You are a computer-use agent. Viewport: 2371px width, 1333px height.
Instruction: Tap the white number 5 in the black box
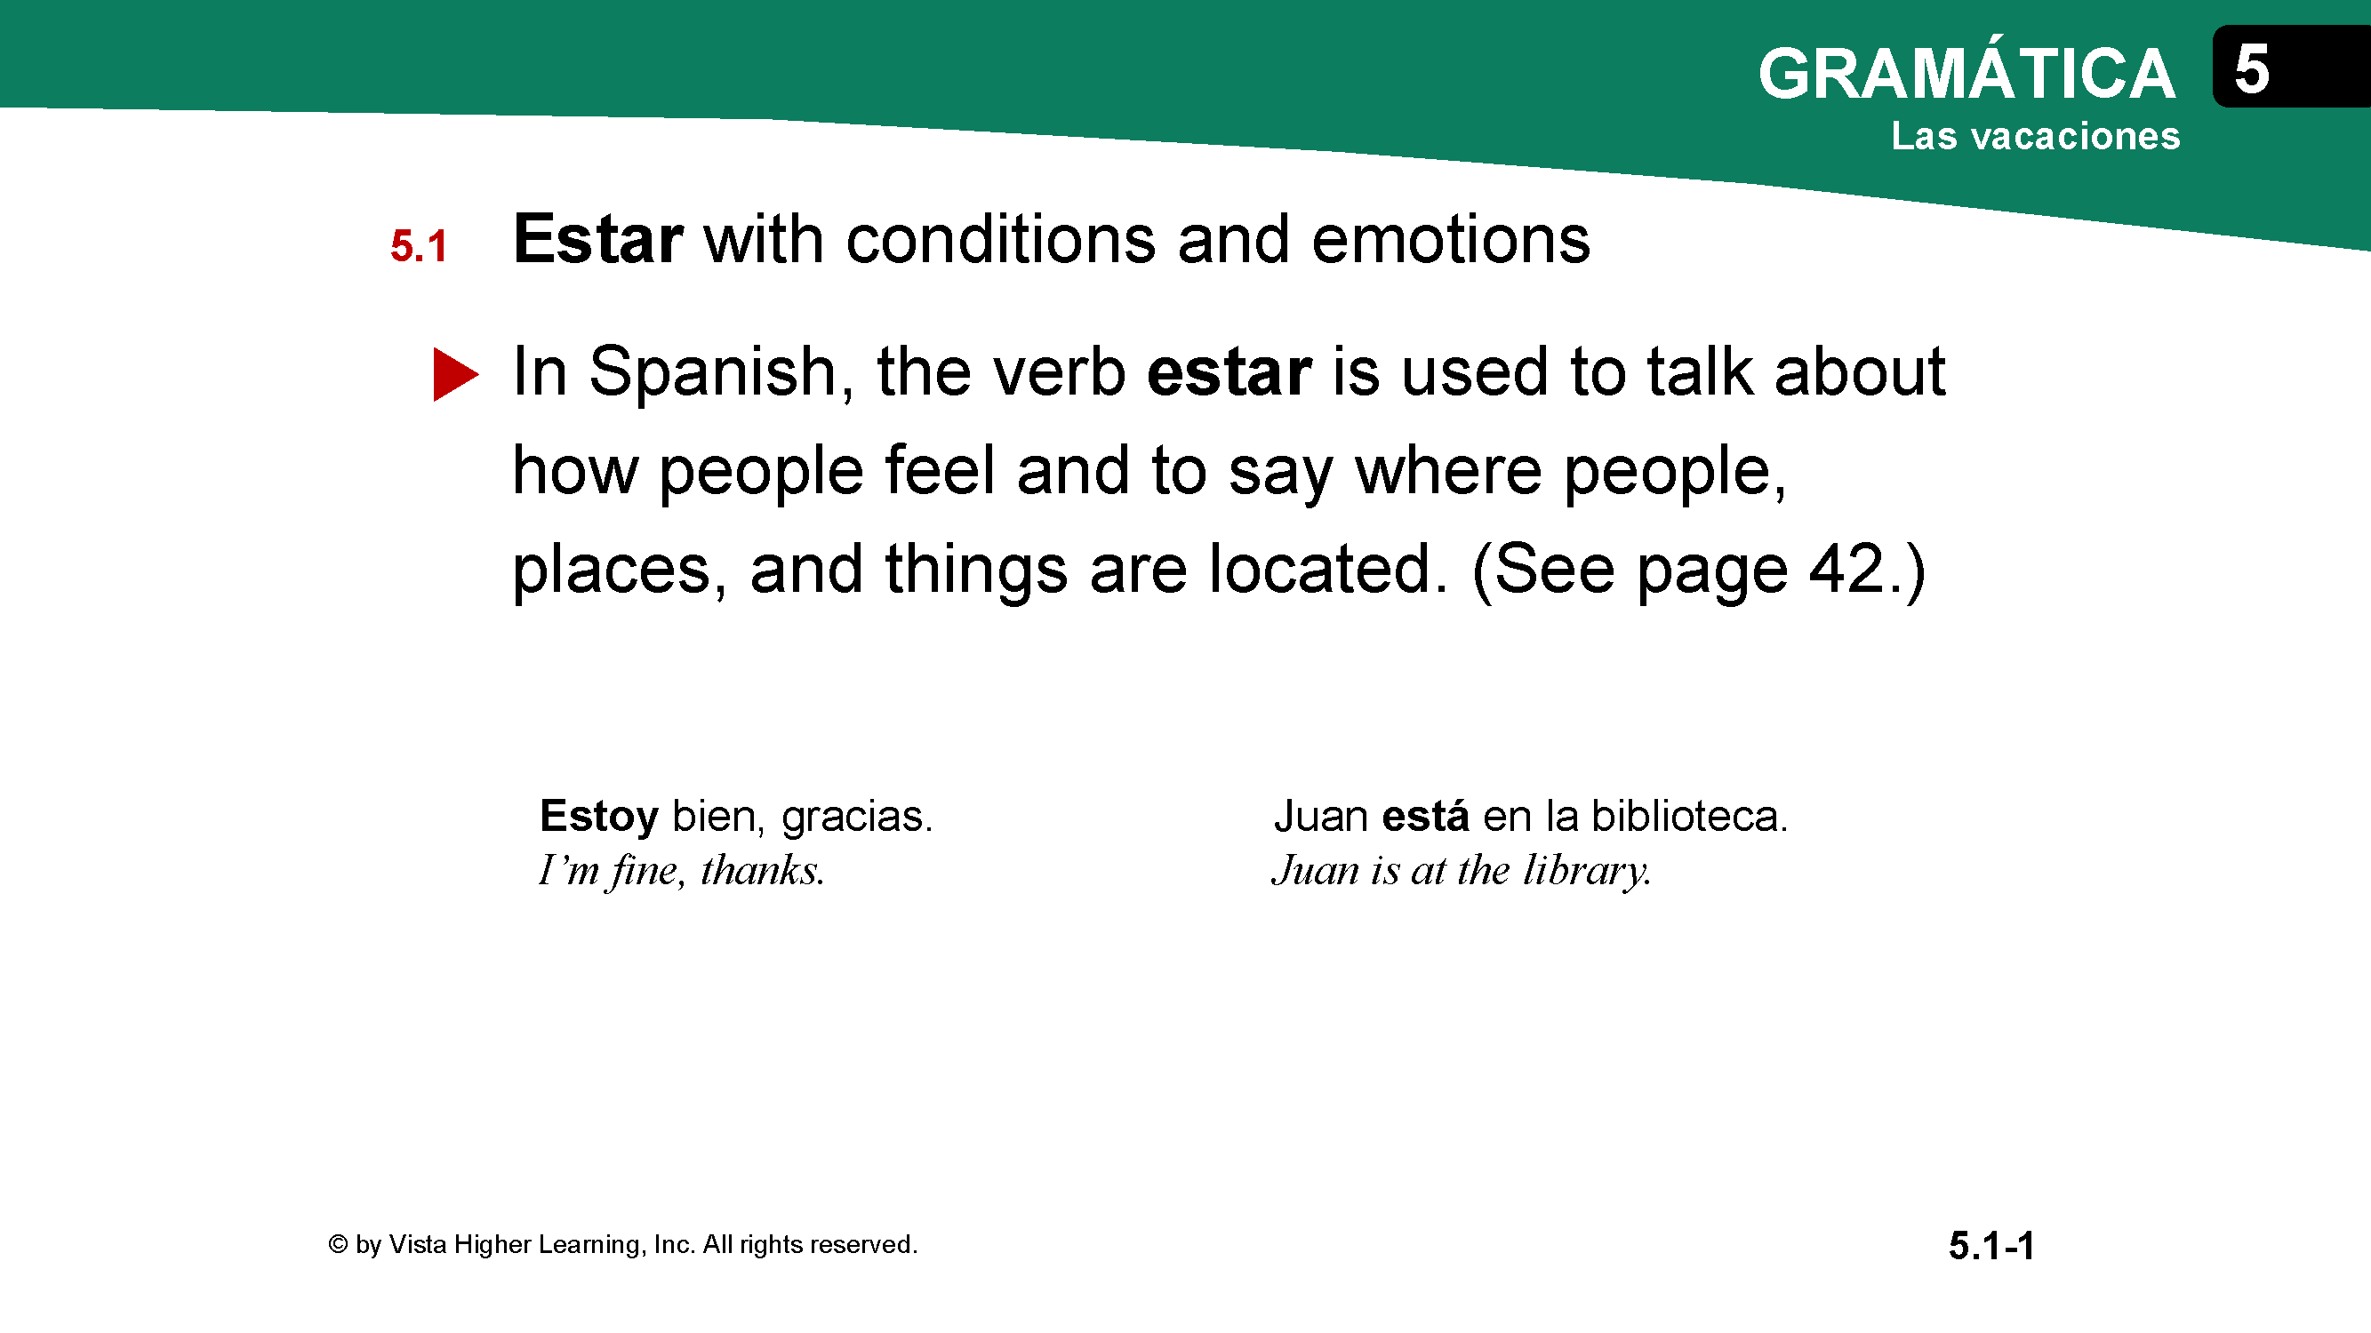[x=2251, y=69]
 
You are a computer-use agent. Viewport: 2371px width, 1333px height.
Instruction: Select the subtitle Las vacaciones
[x=2035, y=135]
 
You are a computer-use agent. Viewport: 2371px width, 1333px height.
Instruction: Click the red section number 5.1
[x=419, y=245]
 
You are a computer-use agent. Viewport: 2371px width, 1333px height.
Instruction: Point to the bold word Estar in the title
[x=597, y=239]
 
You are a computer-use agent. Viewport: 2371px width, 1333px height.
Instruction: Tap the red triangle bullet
[x=455, y=374]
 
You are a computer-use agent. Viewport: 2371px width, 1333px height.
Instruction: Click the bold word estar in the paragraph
[x=1229, y=372]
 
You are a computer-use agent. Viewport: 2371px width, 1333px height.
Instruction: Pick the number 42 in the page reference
[x=1847, y=570]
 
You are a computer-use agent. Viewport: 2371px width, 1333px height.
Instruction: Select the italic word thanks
[x=762, y=870]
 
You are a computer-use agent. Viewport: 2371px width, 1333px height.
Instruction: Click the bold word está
[x=1426, y=816]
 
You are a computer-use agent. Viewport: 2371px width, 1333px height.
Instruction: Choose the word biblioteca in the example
[x=1689, y=816]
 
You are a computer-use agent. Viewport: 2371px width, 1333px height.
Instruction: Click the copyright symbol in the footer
[x=338, y=1244]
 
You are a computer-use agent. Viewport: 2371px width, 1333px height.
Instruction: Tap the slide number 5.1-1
[x=1991, y=1246]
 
